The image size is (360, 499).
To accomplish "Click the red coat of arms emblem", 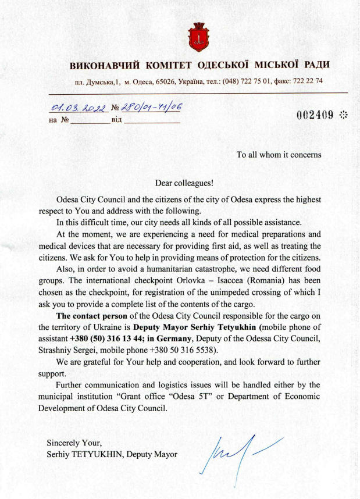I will (197, 36).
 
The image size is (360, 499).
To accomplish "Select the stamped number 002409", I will (315, 115).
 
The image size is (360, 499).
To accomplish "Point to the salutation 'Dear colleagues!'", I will (184, 183).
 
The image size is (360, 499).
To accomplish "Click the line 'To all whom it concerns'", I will (279, 155).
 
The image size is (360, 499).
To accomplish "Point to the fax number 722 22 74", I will (306, 81).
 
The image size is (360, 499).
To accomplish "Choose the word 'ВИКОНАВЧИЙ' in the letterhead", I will (103, 65).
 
